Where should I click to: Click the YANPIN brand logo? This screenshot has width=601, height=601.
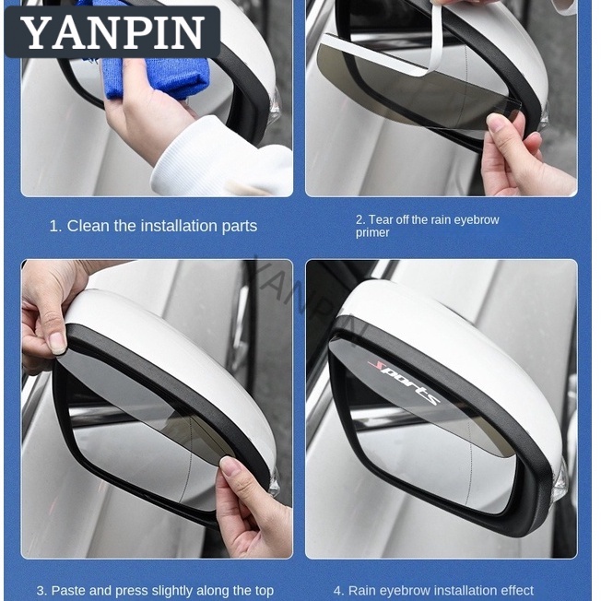(x=112, y=32)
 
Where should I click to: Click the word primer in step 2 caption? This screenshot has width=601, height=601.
(x=372, y=232)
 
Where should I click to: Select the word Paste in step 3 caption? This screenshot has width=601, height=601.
(x=66, y=591)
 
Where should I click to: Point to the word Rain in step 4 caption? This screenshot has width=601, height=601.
(x=361, y=591)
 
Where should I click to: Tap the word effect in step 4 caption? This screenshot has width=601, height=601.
(x=516, y=591)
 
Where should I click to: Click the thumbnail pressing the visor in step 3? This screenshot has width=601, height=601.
(x=57, y=342)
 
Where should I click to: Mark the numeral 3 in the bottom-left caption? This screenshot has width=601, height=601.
(x=40, y=591)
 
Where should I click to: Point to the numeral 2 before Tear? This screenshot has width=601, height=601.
(x=359, y=219)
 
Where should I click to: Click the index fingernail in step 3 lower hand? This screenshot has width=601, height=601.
(x=230, y=466)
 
